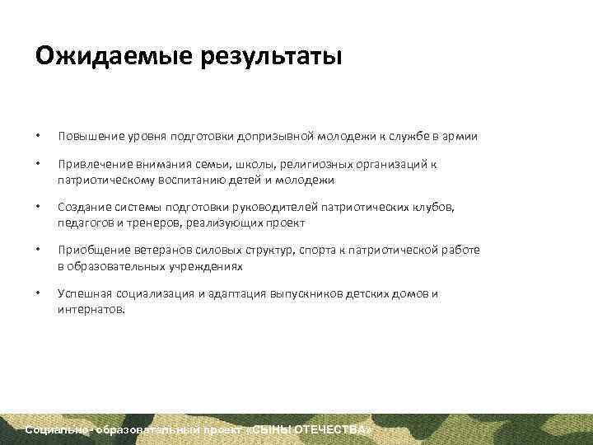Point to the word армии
(x=461, y=136)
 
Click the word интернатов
(x=91, y=310)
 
